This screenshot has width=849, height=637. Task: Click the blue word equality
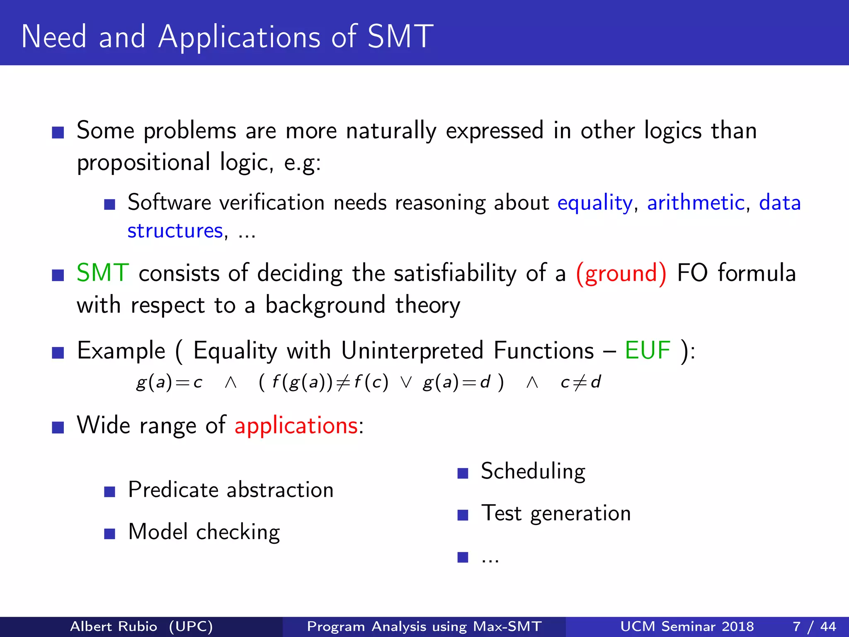pos(594,203)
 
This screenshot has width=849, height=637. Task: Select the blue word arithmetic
pos(696,203)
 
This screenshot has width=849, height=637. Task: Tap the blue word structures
pos(175,231)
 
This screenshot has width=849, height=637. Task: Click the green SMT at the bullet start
pos(103,273)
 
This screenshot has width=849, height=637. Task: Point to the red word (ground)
pos(621,273)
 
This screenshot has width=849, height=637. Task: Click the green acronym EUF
pos(648,351)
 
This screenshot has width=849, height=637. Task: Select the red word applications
pos(296,426)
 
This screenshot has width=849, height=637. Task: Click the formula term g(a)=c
pos(169,382)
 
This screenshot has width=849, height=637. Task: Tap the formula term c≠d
pos(580,382)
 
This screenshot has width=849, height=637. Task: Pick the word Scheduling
pos(533,472)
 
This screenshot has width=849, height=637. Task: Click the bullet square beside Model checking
pos(109,533)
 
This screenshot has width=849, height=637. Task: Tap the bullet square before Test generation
pos(463,515)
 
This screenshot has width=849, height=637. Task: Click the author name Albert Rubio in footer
pos(114,626)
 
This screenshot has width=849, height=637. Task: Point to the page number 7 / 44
pos(814,626)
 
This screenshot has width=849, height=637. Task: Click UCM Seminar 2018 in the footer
pos(687,626)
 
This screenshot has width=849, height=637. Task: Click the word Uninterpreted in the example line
pos(412,351)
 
